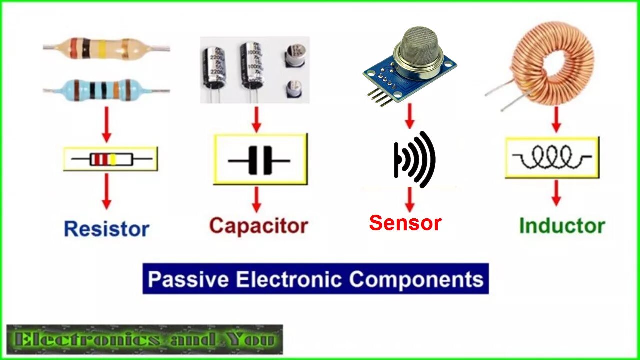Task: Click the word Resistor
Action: (107, 229)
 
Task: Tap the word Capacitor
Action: (258, 225)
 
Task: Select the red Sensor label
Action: (405, 223)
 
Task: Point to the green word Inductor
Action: (562, 226)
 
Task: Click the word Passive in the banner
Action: (188, 279)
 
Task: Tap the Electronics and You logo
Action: (145, 340)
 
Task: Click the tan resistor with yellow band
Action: (106, 48)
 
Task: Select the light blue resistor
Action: (106, 90)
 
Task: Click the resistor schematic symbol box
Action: (111, 159)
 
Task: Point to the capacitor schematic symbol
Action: (260, 160)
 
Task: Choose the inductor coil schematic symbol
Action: (552, 158)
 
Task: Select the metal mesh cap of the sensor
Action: (418, 47)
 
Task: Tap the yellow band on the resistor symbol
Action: (113, 159)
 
